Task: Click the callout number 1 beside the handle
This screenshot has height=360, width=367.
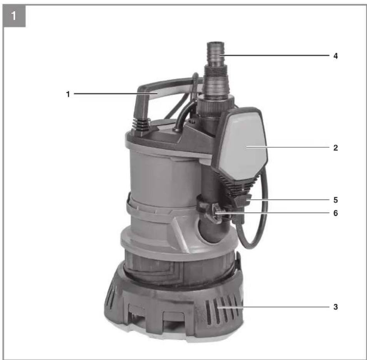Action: coord(68,94)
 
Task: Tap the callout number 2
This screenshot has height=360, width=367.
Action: coord(335,148)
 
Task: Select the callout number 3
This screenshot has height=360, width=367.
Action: coord(335,307)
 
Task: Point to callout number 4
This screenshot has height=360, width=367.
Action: coord(335,56)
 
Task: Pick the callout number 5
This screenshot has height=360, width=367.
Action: coord(335,200)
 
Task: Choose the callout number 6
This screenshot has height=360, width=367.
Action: coord(335,213)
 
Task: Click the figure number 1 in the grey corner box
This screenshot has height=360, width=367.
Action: coord(13,16)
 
